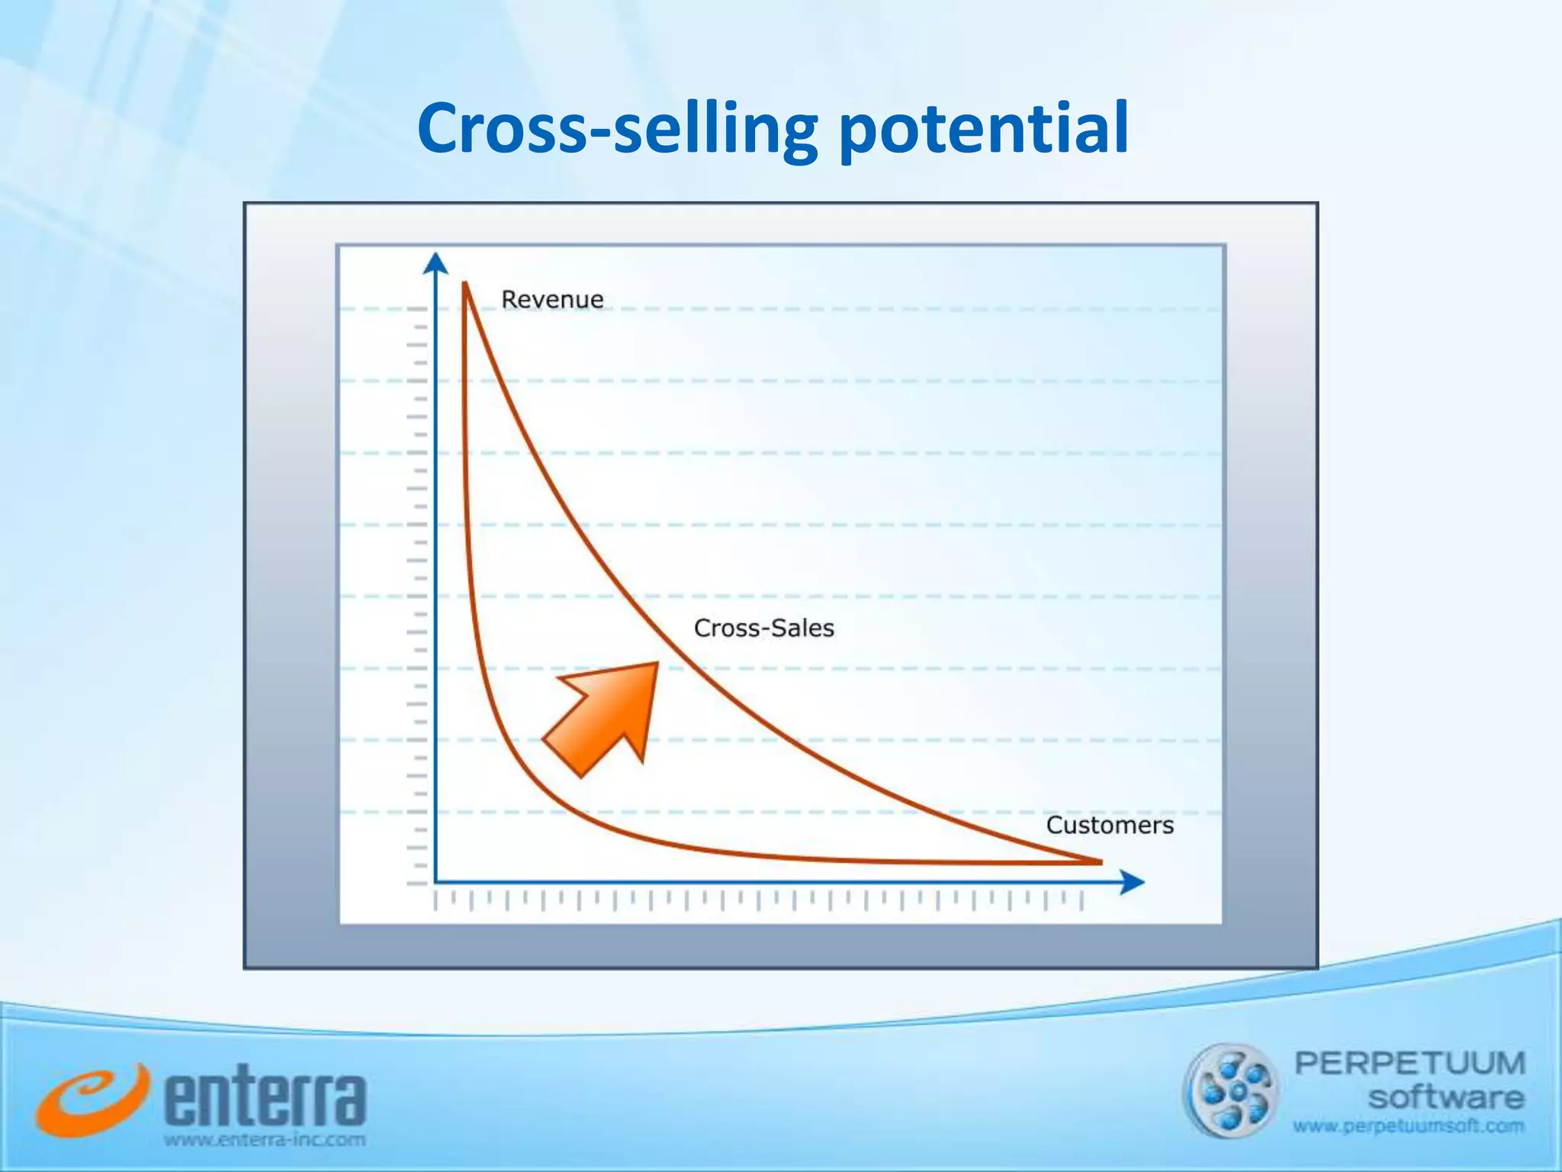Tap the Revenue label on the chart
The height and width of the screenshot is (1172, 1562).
point(551,299)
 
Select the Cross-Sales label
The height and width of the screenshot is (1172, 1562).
point(763,628)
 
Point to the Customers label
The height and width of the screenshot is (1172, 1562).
point(1109,825)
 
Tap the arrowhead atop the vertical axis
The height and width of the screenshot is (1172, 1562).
point(435,262)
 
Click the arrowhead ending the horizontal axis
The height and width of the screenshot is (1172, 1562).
point(1133,883)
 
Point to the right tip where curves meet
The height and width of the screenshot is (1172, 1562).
point(1101,862)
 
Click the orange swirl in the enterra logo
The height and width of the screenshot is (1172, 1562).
point(90,1100)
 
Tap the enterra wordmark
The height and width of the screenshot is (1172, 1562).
point(265,1099)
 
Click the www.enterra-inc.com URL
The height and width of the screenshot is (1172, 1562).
point(265,1141)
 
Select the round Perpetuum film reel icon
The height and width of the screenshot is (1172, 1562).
point(1229,1091)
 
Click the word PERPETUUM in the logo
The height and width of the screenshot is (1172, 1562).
point(1409,1063)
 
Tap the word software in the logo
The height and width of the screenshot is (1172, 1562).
point(1445,1098)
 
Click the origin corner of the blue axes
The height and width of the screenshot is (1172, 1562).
point(435,883)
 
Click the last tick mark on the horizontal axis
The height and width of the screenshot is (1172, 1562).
point(1082,902)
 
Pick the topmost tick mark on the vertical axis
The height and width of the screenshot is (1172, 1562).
point(417,308)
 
